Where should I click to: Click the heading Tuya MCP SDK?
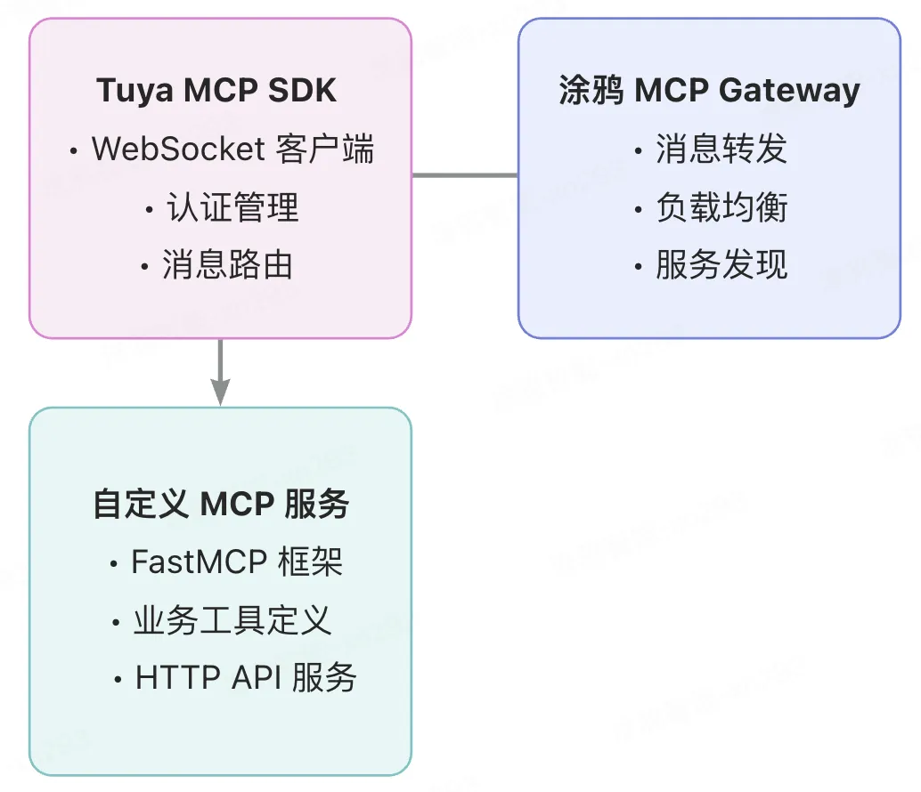tap(216, 91)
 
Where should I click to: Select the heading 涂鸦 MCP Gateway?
tap(709, 91)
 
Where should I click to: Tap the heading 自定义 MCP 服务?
tap(221, 505)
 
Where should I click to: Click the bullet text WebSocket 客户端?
tap(232, 149)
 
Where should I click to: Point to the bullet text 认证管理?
tap(232, 207)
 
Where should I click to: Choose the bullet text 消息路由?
tap(228, 265)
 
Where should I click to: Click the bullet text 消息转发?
tap(721, 149)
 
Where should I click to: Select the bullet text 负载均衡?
tap(721, 207)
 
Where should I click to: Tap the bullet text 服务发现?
tap(721, 265)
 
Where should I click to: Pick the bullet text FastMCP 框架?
tap(237, 562)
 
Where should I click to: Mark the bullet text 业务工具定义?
tap(232, 620)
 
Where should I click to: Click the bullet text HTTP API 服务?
tap(246, 678)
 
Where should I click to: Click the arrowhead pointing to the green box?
tap(220, 392)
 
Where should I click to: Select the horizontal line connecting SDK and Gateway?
tap(464, 175)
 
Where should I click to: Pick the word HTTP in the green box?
tap(166, 678)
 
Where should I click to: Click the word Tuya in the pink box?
tap(129, 91)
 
